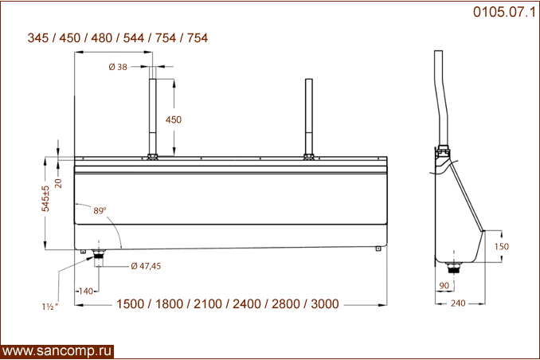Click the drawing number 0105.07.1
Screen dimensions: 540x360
click(x=504, y=12)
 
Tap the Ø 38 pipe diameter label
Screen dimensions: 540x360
click(x=118, y=67)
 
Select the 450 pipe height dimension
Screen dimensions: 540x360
click(x=173, y=119)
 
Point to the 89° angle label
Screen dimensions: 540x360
click(x=100, y=210)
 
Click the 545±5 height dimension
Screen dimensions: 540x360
click(x=45, y=198)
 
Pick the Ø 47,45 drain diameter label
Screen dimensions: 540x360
click(x=146, y=266)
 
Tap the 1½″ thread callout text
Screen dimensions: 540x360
click(x=50, y=307)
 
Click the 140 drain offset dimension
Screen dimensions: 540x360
click(x=86, y=291)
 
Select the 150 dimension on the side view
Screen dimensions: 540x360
click(x=502, y=246)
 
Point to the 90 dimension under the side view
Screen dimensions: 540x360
click(x=444, y=285)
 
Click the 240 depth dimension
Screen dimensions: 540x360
click(x=458, y=303)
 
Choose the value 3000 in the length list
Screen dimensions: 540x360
click(x=325, y=303)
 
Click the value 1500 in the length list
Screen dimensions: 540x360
click(x=130, y=303)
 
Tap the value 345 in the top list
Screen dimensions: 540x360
click(x=38, y=38)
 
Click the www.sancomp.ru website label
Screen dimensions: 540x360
click(x=57, y=351)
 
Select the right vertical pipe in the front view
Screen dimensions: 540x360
click(x=308, y=119)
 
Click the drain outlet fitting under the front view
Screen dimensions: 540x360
click(x=99, y=258)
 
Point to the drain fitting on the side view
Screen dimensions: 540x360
click(x=454, y=268)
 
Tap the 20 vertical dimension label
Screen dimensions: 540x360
click(x=59, y=183)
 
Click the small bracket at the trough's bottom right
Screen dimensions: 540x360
click(x=378, y=248)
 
